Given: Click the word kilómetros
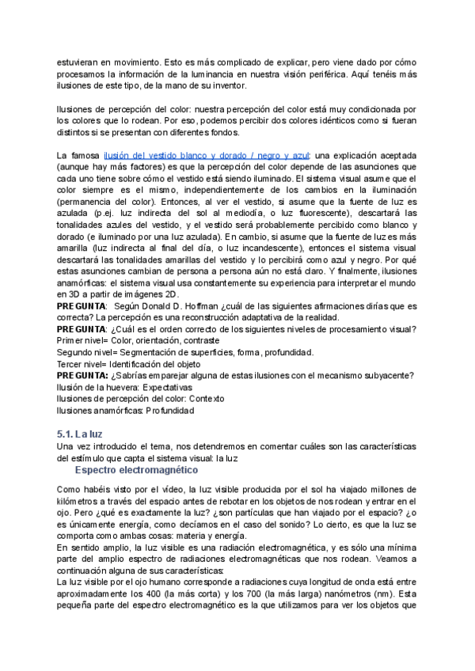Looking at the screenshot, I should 81,501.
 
